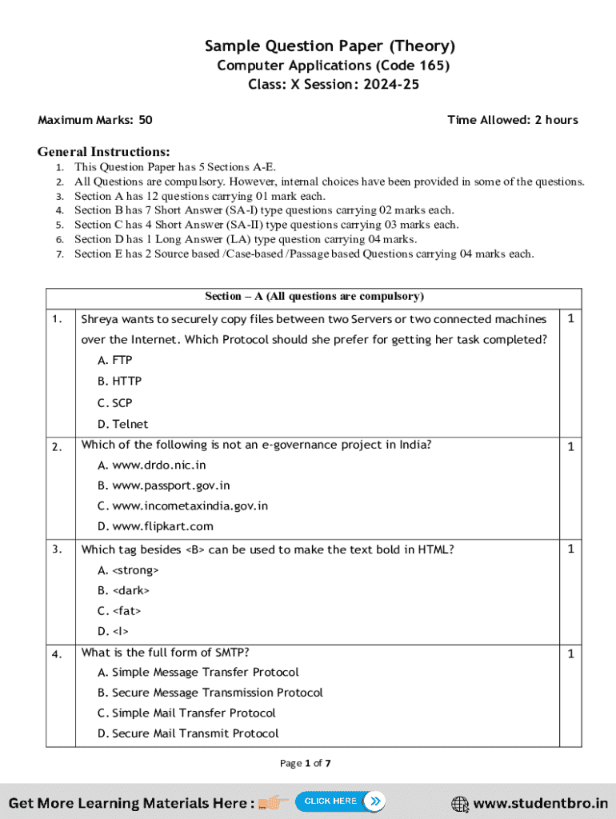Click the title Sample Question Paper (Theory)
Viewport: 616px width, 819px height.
330,46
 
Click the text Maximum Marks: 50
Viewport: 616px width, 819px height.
95,120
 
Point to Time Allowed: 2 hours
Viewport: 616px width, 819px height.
512,120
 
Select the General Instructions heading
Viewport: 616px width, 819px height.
103,152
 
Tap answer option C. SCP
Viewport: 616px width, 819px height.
115,403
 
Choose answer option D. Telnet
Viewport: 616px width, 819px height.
122,424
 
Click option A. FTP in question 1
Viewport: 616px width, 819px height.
115,361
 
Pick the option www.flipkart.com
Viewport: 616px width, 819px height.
155,526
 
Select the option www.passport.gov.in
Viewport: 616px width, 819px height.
163,485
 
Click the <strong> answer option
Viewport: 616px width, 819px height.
128,570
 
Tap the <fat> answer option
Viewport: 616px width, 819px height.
119,611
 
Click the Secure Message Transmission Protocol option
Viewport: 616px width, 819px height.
210,693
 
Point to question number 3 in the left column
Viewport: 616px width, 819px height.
56,549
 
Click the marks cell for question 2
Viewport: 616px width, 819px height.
570,447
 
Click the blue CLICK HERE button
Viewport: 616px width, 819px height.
340,801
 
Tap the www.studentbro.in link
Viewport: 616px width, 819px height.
530,803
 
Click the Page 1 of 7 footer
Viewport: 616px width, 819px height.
305,763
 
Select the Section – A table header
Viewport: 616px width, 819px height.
314,297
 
